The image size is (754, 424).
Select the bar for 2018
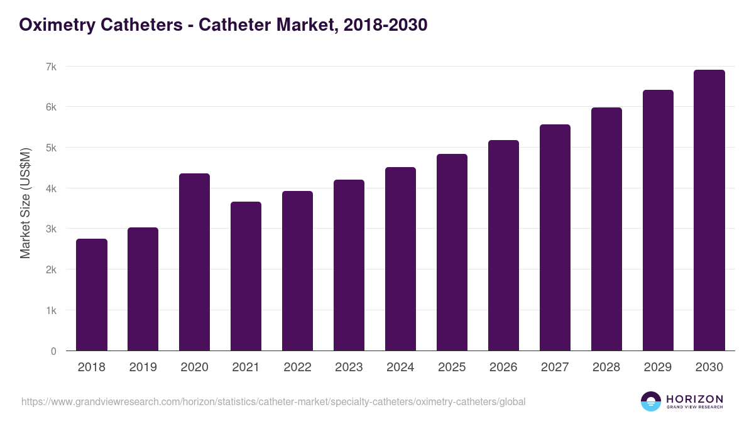pyautogui.click(x=92, y=295)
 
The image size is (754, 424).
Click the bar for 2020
pyautogui.click(x=195, y=262)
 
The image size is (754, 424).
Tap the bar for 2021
pyautogui.click(x=246, y=276)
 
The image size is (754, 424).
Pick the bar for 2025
pyautogui.click(x=452, y=253)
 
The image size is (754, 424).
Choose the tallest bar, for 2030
pyautogui.click(x=709, y=210)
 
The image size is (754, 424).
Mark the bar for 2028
pyautogui.click(x=606, y=229)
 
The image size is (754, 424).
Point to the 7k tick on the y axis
pyautogui.click(x=50, y=67)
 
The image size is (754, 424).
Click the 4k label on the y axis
pyautogui.click(x=50, y=188)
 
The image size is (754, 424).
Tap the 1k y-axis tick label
pyautogui.click(x=50, y=310)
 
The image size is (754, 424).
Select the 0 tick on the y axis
pyautogui.click(x=53, y=351)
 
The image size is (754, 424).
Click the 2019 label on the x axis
pyautogui.click(x=143, y=367)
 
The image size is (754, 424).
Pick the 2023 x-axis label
pyautogui.click(x=349, y=367)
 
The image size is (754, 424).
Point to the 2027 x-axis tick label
pyautogui.click(x=555, y=367)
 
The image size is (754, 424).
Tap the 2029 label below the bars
pyautogui.click(x=658, y=367)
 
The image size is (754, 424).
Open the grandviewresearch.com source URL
pyautogui.click(x=273, y=401)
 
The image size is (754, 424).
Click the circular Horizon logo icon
pyautogui.click(x=651, y=401)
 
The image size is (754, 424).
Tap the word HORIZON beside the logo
pyautogui.click(x=694, y=399)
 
